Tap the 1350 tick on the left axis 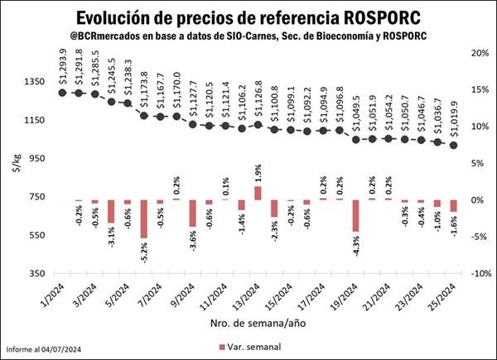(34, 82)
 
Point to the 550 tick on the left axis (37, 235)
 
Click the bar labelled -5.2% (143, 218)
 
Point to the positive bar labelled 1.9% (258, 193)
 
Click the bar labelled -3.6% (193, 213)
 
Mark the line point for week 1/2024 (63, 92)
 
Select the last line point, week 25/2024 (453, 145)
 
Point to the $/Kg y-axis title (14, 165)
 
